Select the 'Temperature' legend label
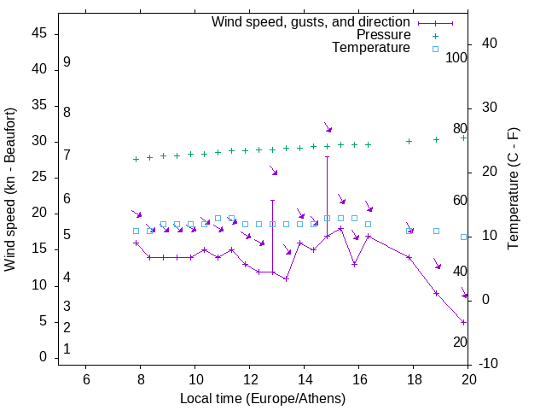[371, 48]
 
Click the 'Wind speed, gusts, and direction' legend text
[311, 21]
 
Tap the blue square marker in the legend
[435, 49]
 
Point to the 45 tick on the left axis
[39, 33]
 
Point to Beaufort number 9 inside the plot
[67, 62]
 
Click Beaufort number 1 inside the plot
[67, 349]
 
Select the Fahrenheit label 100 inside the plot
[456, 57]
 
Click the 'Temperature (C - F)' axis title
[513, 190]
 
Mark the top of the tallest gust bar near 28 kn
[327, 156]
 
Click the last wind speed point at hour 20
[463, 322]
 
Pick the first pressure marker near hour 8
[136, 159]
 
